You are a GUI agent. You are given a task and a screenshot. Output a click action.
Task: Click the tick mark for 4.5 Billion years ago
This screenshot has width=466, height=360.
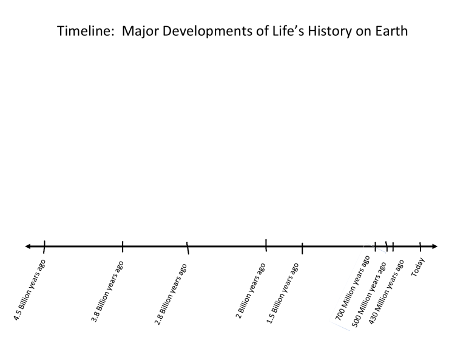(44, 246)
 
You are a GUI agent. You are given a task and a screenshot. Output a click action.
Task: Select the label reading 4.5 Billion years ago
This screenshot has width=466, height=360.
(30, 290)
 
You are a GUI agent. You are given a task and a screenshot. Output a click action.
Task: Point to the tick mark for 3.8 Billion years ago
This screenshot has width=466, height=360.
(123, 246)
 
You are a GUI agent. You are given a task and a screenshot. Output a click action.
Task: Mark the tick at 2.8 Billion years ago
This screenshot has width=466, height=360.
(187, 247)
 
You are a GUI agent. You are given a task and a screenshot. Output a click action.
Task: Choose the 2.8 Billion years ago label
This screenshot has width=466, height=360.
(171, 294)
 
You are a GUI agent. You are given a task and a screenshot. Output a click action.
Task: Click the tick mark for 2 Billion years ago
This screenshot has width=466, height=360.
(266, 245)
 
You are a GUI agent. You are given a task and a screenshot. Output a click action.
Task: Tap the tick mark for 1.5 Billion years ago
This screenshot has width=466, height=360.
(302, 248)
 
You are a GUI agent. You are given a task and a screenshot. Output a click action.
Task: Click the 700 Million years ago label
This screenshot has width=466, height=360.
(353, 287)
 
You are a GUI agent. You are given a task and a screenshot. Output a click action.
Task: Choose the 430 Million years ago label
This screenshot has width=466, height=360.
(387, 290)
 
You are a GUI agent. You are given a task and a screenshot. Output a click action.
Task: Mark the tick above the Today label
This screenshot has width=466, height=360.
(420, 246)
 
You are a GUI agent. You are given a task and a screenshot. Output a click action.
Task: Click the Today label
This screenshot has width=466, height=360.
(418, 267)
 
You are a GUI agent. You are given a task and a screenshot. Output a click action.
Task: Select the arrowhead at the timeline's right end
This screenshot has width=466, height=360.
(433, 246)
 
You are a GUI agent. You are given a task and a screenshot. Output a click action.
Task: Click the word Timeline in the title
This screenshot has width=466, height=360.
(83, 31)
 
